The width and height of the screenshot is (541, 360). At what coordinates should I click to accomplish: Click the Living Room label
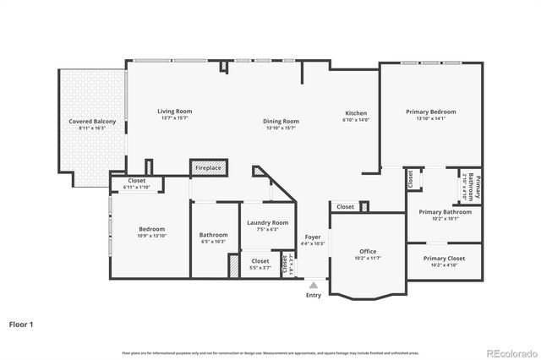[x=175, y=112]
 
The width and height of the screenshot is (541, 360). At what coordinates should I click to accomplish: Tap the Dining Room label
[x=281, y=121]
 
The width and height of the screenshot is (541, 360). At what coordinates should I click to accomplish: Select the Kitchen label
[x=355, y=113]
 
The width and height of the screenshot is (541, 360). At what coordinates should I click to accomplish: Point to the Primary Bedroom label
[x=430, y=112]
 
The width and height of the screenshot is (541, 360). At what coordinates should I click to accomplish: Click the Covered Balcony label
[x=92, y=122]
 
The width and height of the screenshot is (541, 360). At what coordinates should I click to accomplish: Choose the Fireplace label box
[x=208, y=168]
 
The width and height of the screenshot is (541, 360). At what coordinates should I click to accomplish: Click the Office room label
[x=367, y=251]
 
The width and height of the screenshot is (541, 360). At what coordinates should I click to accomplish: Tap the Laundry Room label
[x=267, y=223]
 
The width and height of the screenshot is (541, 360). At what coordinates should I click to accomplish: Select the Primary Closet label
[x=445, y=259]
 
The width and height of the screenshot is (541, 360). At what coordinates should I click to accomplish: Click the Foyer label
[x=313, y=237]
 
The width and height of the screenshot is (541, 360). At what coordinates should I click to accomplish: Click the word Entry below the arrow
[x=314, y=296]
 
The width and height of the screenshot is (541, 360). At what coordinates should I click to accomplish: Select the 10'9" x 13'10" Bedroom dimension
[x=152, y=236]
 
